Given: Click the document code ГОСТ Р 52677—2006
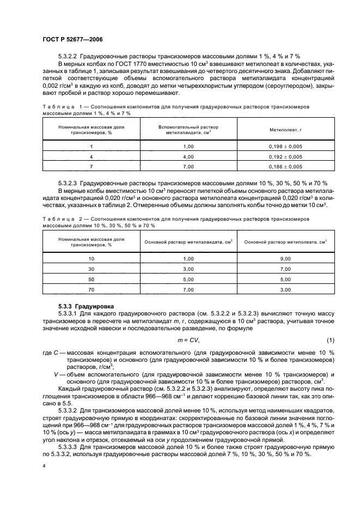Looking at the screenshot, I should (x=72, y=40).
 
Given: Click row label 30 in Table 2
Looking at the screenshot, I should (x=91, y=269).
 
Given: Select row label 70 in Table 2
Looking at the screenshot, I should (x=91, y=290).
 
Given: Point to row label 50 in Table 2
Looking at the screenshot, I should (x=91, y=279).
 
